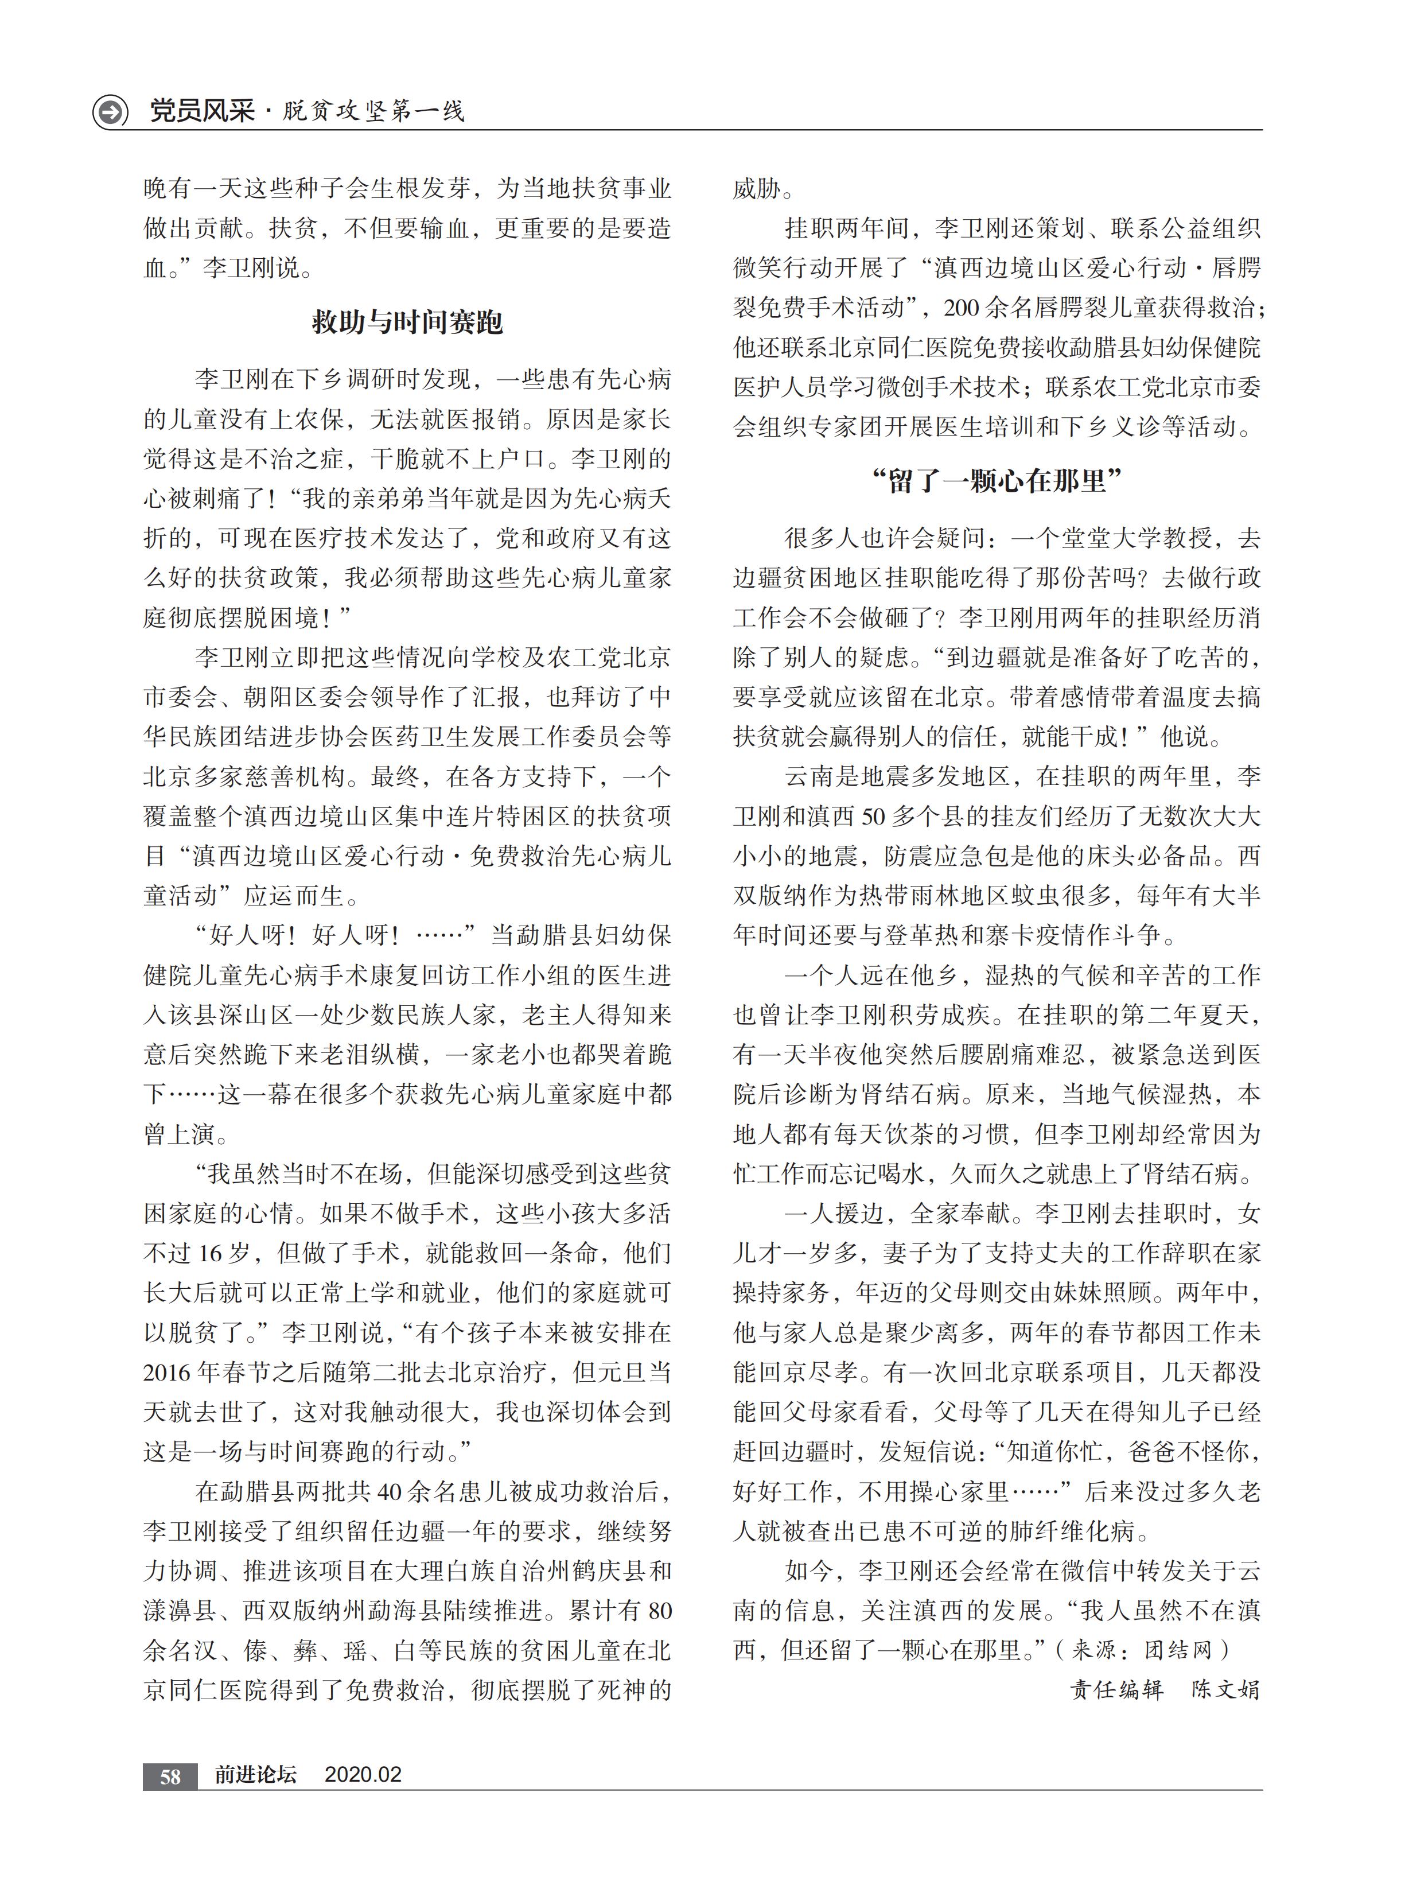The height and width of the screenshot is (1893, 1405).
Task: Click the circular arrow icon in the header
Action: click(110, 111)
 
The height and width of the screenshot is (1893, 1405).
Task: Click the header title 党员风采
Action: click(201, 111)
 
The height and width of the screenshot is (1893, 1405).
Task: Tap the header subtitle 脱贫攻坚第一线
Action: click(374, 111)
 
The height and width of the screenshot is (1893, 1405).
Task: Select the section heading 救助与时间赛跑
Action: click(407, 322)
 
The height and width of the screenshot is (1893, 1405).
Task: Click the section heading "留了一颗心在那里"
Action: click(997, 481)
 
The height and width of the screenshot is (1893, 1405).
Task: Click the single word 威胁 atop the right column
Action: click(758, 189)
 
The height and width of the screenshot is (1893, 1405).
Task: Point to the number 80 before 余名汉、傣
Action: click(659, 1611)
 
